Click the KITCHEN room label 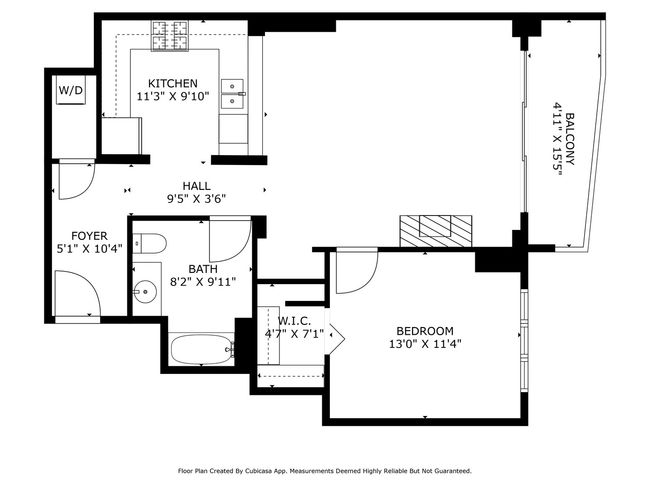[x=173, y=83]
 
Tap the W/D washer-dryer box [x=71, y=90]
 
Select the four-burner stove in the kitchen [x=170, y=36]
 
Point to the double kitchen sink [x=232, y=94]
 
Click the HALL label [x=196, y=186]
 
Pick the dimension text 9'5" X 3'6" [x=196, y=199]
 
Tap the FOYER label [x=89, y=236]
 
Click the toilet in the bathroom [x=149, y=244]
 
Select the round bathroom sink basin [x=145, y=291]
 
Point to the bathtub [x=202, y=350]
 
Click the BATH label [x=203, y=269]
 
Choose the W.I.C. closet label [x=294, y=321]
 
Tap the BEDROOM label [x=425, y=331]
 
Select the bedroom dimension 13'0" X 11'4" [x=425, y=344]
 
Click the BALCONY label [x=570, y=139]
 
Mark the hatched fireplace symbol [x=436, y=231]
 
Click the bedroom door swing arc [x=365, y=282]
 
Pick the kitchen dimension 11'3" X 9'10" [x=173, y=97]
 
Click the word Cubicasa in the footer [x=257, y=471]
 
